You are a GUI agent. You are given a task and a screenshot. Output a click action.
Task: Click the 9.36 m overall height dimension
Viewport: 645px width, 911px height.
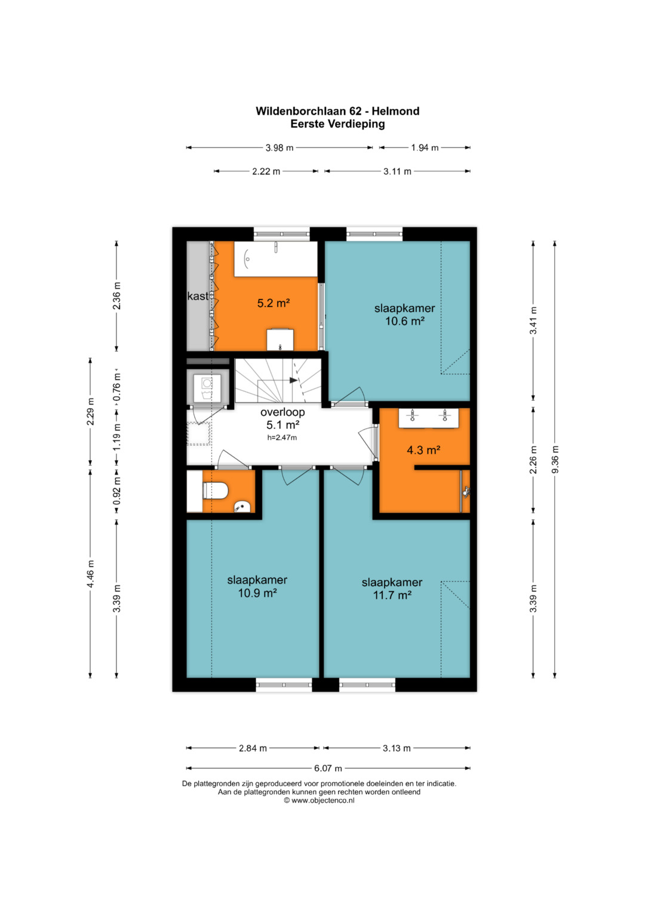pyautogui.click(x=555, y=459)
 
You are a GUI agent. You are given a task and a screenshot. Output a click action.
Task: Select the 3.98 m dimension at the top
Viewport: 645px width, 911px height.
pyautogui.click(x=279, y=147)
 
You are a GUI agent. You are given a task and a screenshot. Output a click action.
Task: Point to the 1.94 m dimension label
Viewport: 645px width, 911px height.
pyautogui.click(x=425, y=147)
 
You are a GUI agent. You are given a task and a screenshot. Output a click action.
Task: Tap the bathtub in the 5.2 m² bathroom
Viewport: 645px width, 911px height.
pyautogui.click(x=276, y=259)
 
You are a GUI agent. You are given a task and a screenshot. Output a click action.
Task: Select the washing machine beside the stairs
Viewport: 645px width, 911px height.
pyautogui.click(x=207, y=387)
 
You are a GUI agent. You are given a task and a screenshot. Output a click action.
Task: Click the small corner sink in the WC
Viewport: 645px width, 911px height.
pyautogui.click(x=241, y=507)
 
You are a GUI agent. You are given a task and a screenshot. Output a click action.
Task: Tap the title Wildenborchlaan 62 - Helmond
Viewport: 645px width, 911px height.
pyautogui.click(x=337, y=111)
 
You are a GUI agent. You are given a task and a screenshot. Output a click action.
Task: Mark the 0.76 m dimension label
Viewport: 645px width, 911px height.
pyautogui.click(x=117, y=387)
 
